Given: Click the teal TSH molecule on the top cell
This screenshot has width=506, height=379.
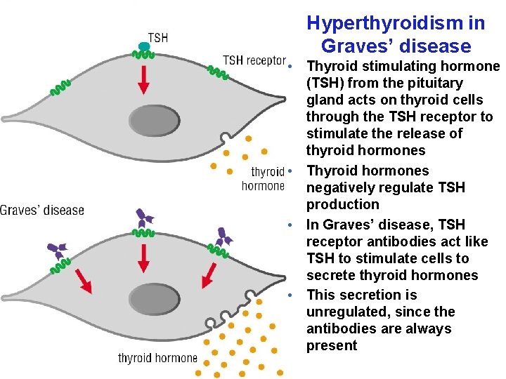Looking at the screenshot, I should pos(144,47).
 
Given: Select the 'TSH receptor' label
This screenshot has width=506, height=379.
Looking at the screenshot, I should pos(254,60).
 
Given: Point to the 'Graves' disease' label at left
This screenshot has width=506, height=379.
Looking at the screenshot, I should pos(42,210).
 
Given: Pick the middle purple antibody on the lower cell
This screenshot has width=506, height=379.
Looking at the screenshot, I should pos(143,218).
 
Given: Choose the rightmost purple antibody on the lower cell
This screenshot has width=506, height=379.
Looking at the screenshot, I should pos(224,237).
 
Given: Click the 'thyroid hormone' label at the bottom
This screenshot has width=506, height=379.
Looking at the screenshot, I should pos(157,359).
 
